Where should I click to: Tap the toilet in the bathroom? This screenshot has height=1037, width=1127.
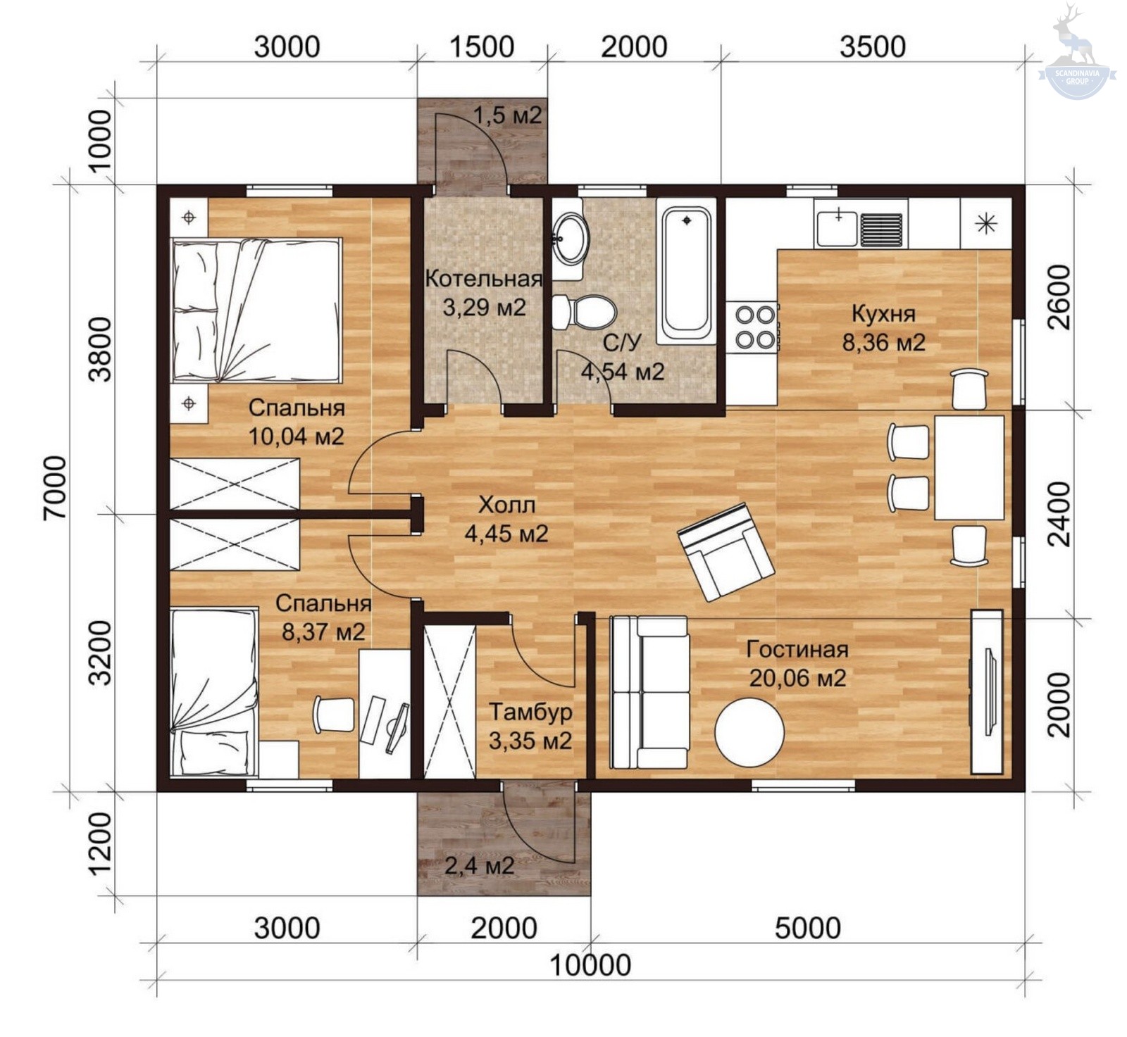tap(584, 312)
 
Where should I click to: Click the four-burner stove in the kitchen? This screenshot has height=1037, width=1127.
tap(755, 326)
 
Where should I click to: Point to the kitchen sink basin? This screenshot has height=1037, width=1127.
tap(838, 227)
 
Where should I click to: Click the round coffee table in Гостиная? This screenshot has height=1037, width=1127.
tap(749, 732)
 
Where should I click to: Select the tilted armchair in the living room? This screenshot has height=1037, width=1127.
tap(726, 551)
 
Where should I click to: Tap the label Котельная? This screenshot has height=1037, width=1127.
tap(483, 279)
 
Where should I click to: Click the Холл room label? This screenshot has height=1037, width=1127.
tap(506, 505)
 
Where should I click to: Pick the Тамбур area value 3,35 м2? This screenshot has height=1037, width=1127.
tap(530, 741)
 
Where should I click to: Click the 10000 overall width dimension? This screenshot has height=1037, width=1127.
tap(590, 965)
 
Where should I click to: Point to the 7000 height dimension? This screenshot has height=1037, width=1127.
tap(56, 487)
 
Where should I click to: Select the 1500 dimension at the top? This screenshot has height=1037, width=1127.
tap(482, 46)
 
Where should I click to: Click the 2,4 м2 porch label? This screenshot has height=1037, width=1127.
tap(479, 865)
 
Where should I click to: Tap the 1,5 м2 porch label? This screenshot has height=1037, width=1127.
tap(507, 115)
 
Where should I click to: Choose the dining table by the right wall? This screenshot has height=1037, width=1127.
tap(969, 467)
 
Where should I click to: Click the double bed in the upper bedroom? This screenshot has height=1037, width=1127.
tap(257, 310)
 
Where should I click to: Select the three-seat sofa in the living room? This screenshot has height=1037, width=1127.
tap(649, 693)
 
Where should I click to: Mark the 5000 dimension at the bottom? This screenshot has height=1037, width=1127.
tap(808, 929)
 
